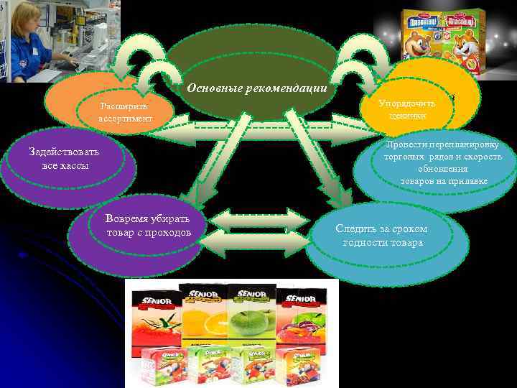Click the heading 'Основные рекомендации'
pyautogui.click(x=256, y=88)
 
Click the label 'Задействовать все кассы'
pyautogui.click(x=64, y=159)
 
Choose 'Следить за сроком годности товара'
pyautogui.click(x=382, y=236)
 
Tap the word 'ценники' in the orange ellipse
pyautogui.click(x=407, y=116)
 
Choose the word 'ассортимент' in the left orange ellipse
pyautogui.click(x=126, y=119)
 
